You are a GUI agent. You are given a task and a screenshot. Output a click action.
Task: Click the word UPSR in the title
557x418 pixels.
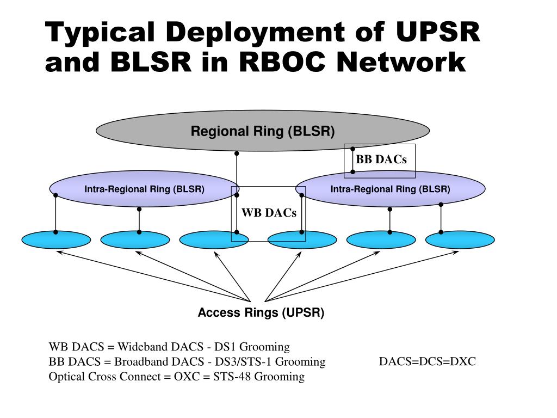pos(438,32)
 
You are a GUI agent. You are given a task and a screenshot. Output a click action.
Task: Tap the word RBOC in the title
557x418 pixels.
pos(282,62)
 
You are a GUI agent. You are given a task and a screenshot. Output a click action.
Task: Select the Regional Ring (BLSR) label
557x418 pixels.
pos(263,131)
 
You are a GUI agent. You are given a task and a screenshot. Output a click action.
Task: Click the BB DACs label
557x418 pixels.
pos(381,159)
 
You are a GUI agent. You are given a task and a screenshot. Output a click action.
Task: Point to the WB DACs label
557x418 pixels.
pos(269,213)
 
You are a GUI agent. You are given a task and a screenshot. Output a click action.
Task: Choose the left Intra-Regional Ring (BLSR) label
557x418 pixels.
pos(144,189)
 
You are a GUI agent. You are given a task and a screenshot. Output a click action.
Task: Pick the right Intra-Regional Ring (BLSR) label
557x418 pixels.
pos(391,189)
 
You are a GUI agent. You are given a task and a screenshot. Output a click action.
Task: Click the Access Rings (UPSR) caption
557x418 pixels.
pos(261,312)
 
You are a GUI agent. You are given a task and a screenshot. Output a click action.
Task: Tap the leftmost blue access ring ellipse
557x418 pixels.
pos(56,240)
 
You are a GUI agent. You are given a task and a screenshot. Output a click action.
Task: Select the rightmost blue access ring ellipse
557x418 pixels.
pos(460,240)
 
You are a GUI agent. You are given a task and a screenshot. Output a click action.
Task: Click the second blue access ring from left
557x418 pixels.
pos(135,240)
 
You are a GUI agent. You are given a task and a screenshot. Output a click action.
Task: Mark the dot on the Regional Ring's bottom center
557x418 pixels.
pos(237,153)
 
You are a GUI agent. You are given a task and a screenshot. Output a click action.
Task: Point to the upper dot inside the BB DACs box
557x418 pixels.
pos(352,149)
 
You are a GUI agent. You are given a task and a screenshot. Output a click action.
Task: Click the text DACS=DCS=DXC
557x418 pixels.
pos(428,361)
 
